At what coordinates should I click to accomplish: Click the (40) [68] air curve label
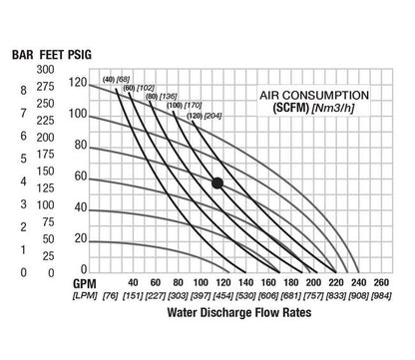pos(117,78)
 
